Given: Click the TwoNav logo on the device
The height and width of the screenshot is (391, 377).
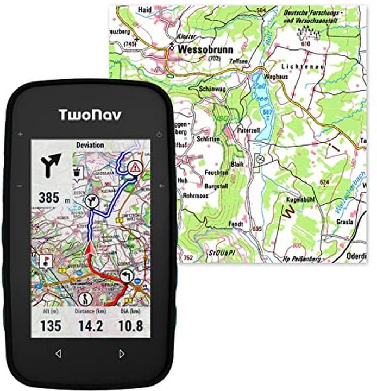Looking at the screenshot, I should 90,114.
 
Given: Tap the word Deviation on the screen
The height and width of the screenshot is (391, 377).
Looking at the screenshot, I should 90,146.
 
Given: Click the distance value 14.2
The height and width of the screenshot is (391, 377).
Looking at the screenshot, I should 90,326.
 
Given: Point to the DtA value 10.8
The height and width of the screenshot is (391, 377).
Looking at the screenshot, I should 130,326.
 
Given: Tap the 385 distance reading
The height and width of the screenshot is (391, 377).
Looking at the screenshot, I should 49,198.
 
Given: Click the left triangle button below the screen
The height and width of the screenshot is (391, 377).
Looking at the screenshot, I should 58,354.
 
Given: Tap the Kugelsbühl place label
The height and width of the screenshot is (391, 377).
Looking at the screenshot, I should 302,200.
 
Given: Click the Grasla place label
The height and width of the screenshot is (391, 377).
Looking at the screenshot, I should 344,222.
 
